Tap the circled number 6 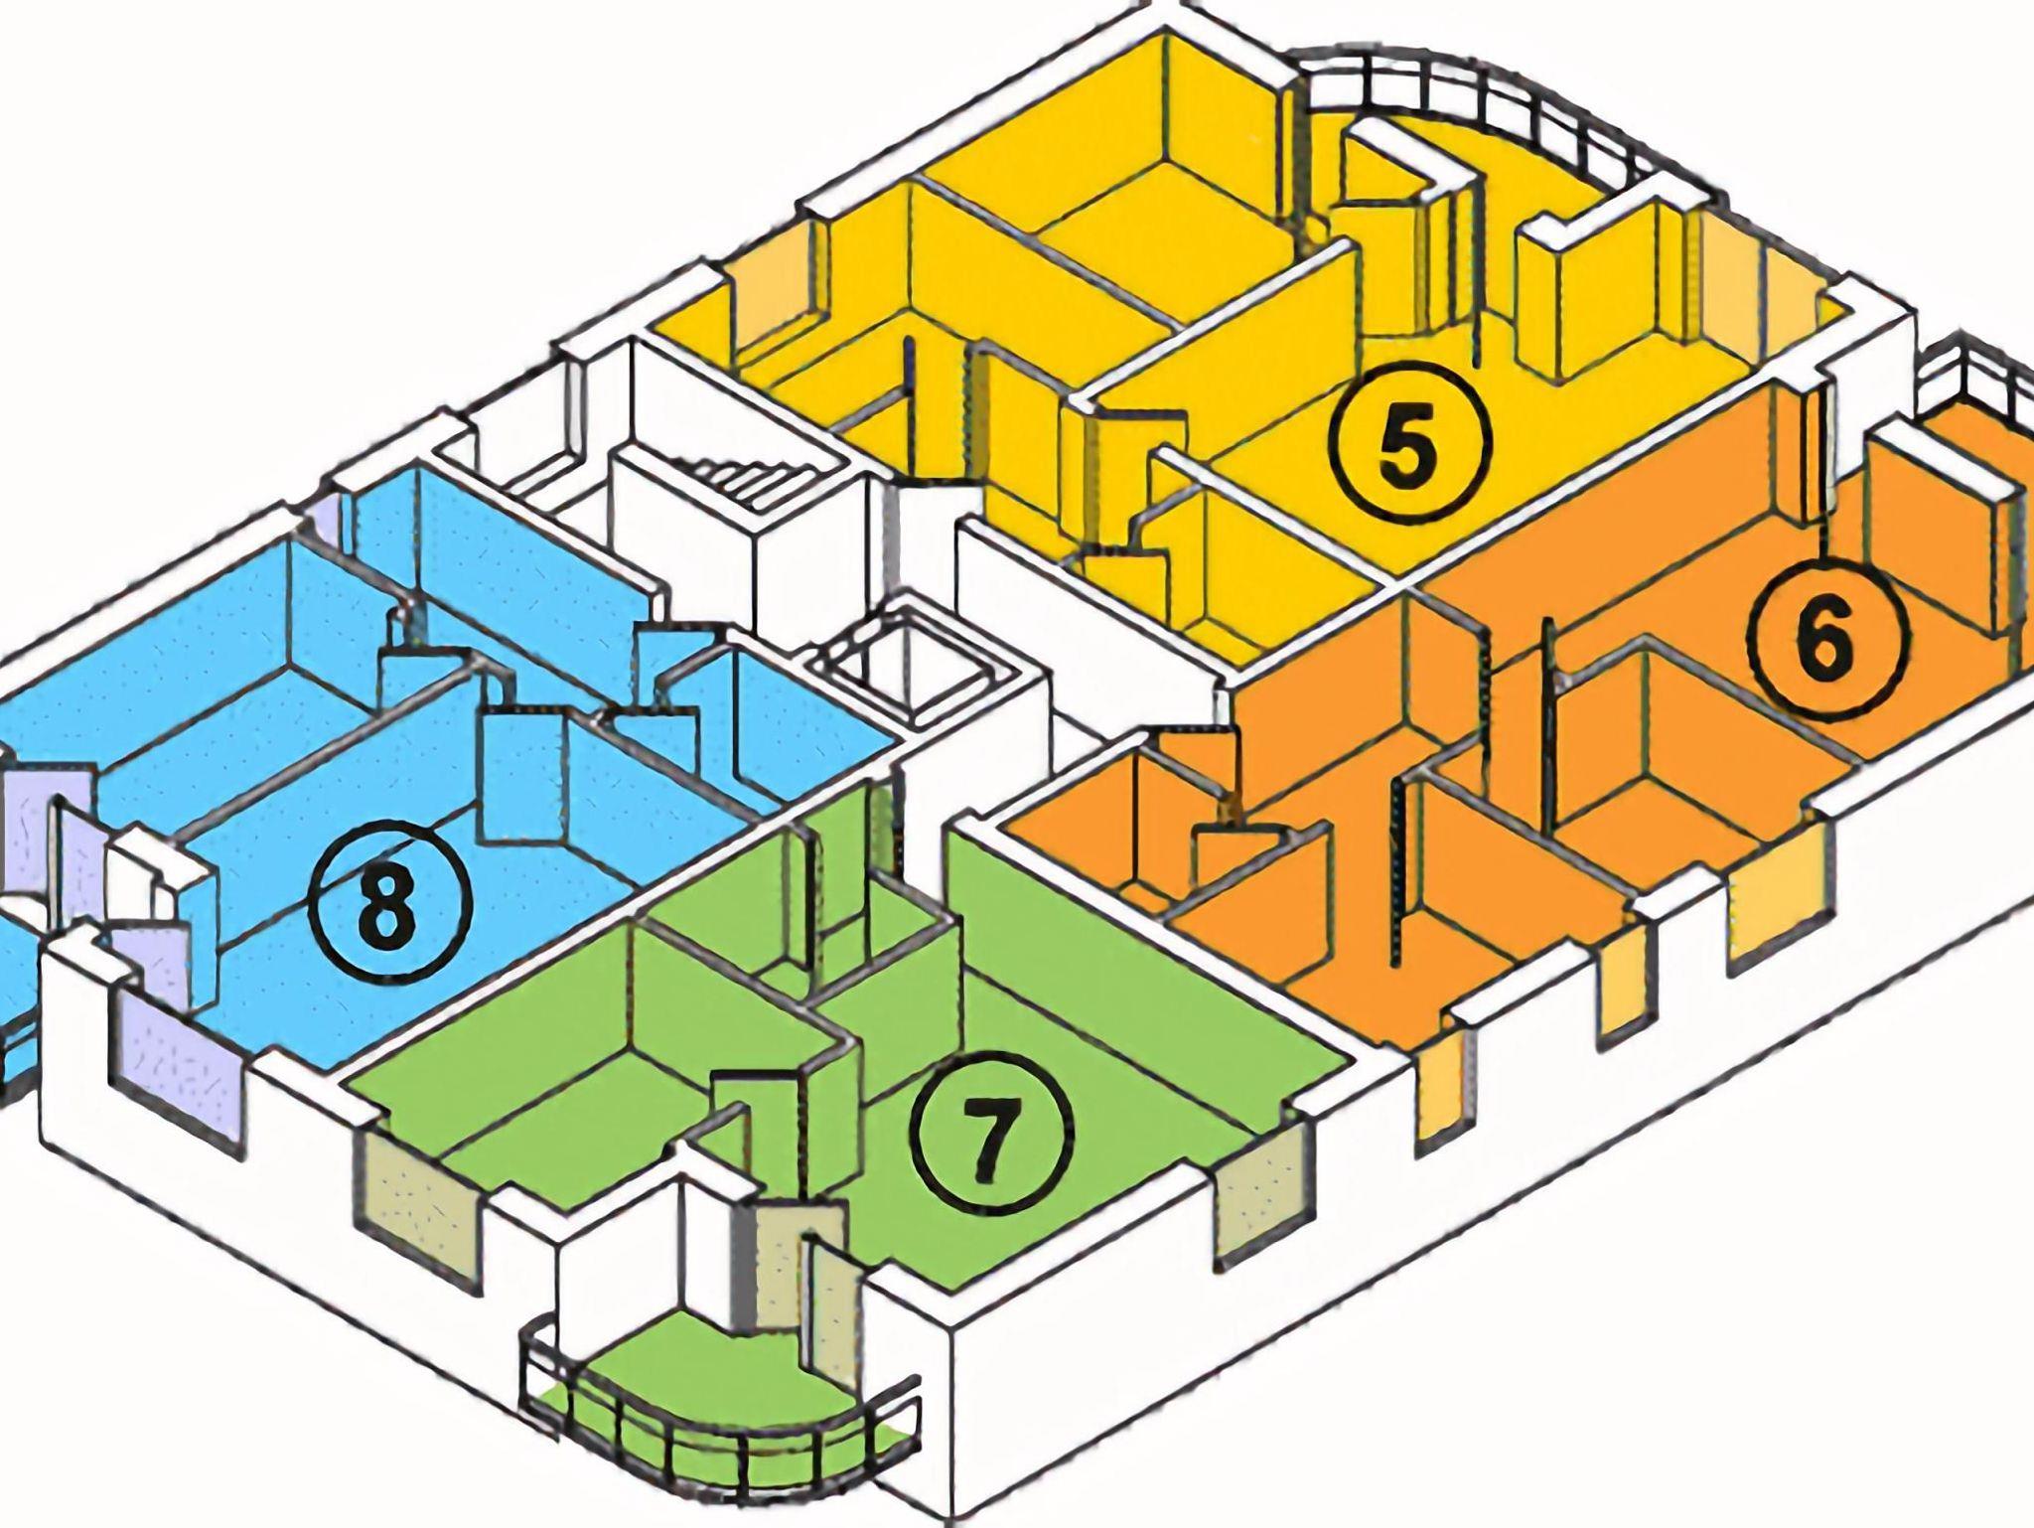point(1830,636)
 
